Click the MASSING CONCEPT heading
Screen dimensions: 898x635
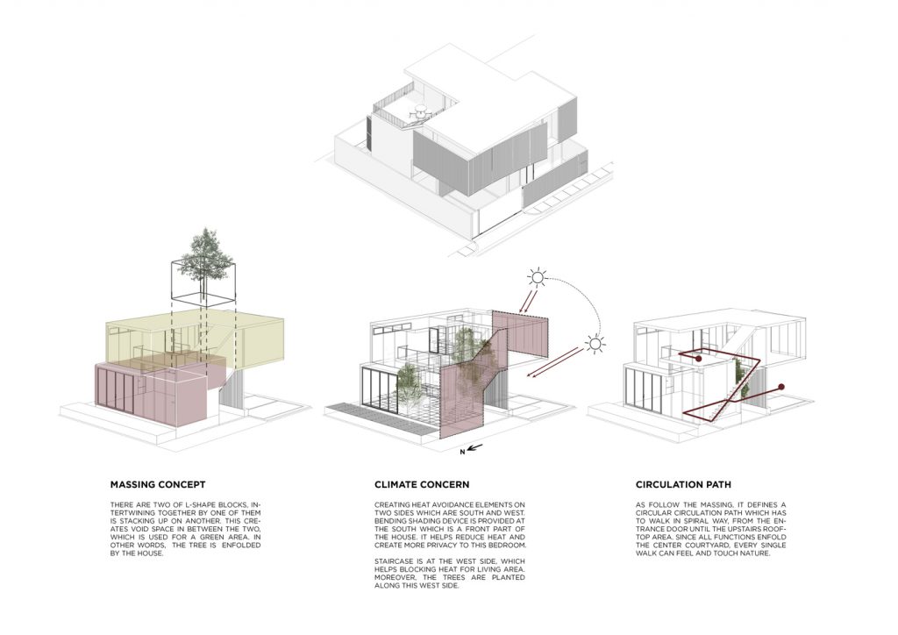[158, 484]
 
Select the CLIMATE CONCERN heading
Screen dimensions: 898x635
[422, 484]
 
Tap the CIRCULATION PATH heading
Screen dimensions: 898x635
[683, 484]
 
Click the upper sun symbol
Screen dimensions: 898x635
[538, 278]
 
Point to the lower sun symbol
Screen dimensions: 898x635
[595, 344]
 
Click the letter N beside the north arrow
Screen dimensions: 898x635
[462, 453]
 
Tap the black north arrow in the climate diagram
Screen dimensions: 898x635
[475, 447]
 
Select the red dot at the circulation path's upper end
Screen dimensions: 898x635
[699, 359]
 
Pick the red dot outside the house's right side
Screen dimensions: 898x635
[781, 387]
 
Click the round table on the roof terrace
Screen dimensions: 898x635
[421, 111]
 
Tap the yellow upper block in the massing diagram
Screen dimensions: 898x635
[195, 338]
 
